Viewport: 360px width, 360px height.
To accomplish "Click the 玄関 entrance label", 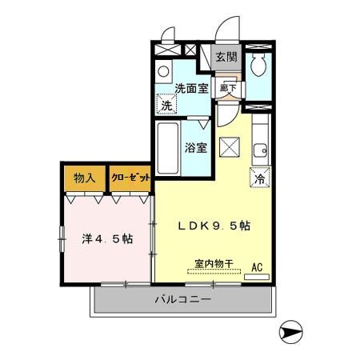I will click(x=228, y=57).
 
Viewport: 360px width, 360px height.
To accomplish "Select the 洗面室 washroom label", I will click(x=192, y=89).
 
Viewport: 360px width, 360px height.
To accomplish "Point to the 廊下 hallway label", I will click(x=227, y=88).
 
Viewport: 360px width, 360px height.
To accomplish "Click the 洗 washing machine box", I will click(x=166, y=105).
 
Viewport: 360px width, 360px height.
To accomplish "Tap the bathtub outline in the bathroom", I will click(x=167, y=148).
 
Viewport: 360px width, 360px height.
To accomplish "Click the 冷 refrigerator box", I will click(x=260, y=178).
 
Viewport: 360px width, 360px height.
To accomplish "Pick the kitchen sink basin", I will click(x=262, y=149).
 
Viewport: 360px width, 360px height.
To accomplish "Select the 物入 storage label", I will click(x=82, y=178).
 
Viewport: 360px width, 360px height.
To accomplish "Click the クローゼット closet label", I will click(x=129, y=178).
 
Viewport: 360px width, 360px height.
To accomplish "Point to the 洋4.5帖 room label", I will click(x=106, y=239).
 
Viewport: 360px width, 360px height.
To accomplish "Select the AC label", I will click(x=258, y=267).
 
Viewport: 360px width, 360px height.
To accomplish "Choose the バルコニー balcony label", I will click(x=183, y=300).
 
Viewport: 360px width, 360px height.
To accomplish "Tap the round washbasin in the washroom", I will click(x=164, y=70).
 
